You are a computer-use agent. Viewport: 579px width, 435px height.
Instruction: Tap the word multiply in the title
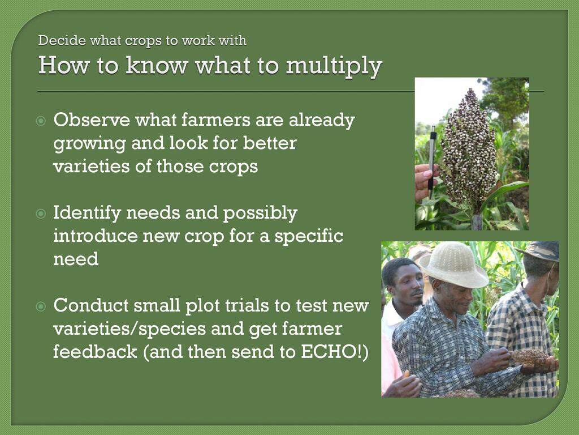(334, 67)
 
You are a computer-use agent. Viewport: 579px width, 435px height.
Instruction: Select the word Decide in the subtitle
(62, 40)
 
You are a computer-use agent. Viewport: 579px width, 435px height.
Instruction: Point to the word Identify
(87, 214)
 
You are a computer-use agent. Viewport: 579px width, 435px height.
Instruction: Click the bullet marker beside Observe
(41, 121)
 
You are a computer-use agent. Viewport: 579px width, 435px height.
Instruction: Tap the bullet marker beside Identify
(41, 214)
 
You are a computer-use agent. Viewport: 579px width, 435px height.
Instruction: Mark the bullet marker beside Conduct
(41, 306)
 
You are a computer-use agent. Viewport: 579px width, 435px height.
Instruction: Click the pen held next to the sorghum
(431, 163)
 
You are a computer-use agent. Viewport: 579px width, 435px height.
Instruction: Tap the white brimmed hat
(453, 265)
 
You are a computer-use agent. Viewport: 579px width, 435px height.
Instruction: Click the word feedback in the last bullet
(95, 352)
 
